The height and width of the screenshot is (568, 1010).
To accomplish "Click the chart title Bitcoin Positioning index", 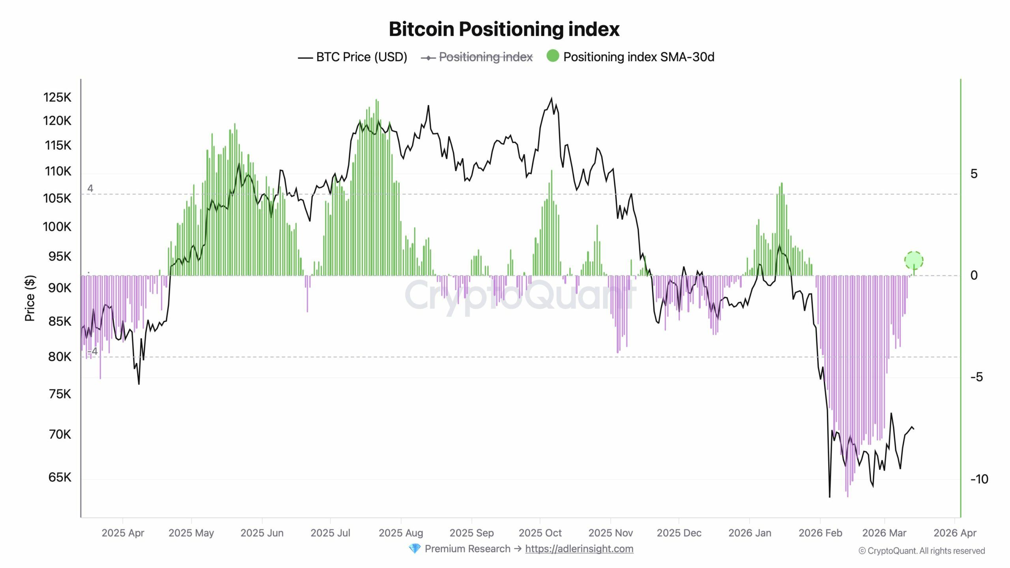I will [x=504, y=29].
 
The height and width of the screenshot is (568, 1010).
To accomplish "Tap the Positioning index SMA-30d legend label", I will [x=638, y=57].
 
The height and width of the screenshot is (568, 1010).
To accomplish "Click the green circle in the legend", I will [x=553, y=56].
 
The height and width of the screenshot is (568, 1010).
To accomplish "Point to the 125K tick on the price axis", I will [x=57, y=97].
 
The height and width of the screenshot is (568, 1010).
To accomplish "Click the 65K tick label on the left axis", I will [x=60, y=477].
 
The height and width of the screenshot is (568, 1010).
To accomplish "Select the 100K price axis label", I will [x=57, y=227].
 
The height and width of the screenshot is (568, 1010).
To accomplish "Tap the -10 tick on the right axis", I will [x=979, y=479].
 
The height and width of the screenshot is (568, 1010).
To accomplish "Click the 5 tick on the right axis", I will [x=974, y=174].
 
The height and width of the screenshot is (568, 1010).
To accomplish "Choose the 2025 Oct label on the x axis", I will [x=540, y=533].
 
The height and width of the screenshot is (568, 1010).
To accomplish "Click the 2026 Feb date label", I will [x=820, y=533].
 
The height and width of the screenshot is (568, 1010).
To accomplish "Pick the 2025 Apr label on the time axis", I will [x=123, y=533].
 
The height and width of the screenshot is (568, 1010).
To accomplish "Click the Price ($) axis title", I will [x=30, y=298].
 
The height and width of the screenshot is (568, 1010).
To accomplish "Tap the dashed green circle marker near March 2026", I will [x=914, y=260].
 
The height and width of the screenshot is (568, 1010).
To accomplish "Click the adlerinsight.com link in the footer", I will [x=579, y=549].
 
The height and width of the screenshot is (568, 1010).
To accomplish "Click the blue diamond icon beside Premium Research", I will [x=415, y=549].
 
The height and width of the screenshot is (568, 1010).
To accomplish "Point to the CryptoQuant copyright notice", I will [x=922, y=551].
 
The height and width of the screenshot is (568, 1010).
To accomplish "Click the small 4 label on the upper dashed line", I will [x=90, y=189].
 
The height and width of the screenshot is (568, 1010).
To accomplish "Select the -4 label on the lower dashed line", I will [x=92, y=351].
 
